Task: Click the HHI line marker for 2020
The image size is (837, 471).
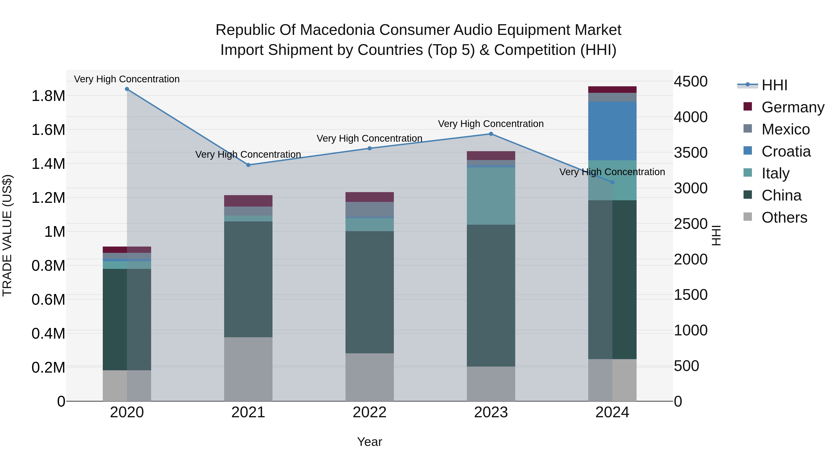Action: pos(127,89)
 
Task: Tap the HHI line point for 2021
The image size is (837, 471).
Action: pos(248,165)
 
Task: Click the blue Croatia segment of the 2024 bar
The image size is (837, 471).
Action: pos(612,131)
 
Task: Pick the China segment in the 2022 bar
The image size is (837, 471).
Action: pos(369,292)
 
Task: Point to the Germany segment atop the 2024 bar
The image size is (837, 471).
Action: pos(612,90)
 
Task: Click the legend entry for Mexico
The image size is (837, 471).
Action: pos(785,129)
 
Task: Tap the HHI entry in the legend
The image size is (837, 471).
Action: pos(774,85)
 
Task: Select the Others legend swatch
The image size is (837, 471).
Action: pos(748,217)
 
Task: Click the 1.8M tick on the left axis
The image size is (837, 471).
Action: pos(48,96)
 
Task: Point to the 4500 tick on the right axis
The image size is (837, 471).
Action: pos(691,82)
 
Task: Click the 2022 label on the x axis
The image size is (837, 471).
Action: pos(369,412)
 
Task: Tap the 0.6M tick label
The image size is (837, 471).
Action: pos(48,300)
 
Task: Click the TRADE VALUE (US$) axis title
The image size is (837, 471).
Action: pos(7,235)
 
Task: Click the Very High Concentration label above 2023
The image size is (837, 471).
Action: pos(491,124)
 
